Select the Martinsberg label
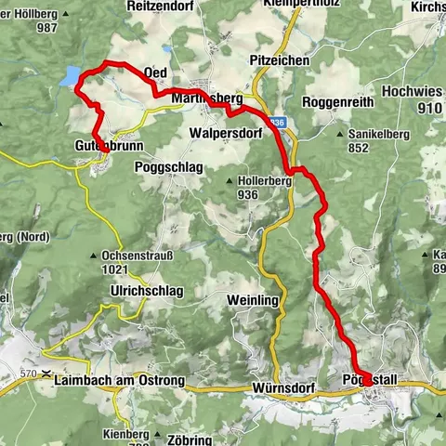click(x=206, y=98)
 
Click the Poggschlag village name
click(x=165, y=167)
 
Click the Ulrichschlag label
click(x=147, y=291)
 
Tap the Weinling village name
click(x=253, y=299)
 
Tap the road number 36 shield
click(x=277, y=122)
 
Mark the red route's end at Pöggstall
click(x=368, y=380)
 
